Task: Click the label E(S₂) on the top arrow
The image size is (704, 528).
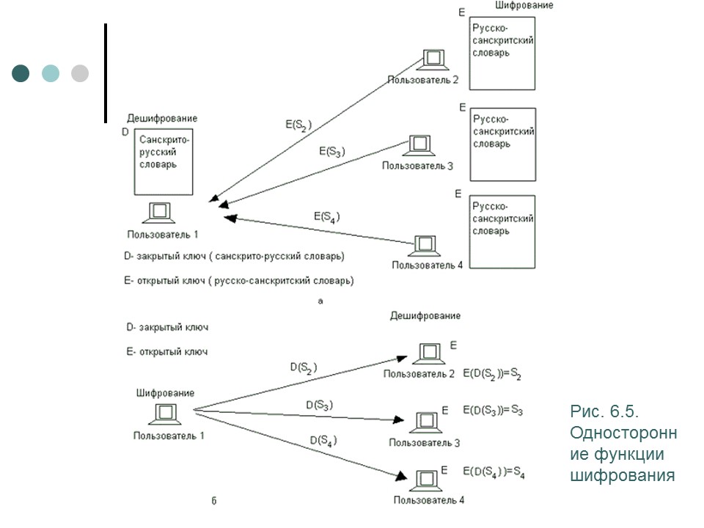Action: pos(298,125)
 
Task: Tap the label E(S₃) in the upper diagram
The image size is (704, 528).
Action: pos(331,153)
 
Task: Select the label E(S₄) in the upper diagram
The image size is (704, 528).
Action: pos(327,216)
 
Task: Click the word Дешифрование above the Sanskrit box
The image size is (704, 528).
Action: pos(162,118)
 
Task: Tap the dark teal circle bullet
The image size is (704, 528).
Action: pos(21,73)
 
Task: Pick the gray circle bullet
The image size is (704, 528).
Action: pos(79,73)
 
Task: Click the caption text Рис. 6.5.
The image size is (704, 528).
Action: pos(609,411)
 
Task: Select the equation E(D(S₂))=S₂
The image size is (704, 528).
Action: pos(492,374)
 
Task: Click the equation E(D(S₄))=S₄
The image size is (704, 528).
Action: pos(494,470)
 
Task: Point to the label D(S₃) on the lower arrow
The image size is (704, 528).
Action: pos(320,406)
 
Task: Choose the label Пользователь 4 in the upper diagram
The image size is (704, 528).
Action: pos(427,265)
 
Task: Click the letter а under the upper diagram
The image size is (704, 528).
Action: pos(320,300)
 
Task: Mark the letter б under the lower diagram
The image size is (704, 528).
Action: pos(213,501)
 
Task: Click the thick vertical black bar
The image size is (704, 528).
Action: pos(106,73)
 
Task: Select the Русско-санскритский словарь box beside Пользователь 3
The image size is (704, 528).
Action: pos(502,144)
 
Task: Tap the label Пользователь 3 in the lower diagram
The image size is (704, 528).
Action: pos(425,442)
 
